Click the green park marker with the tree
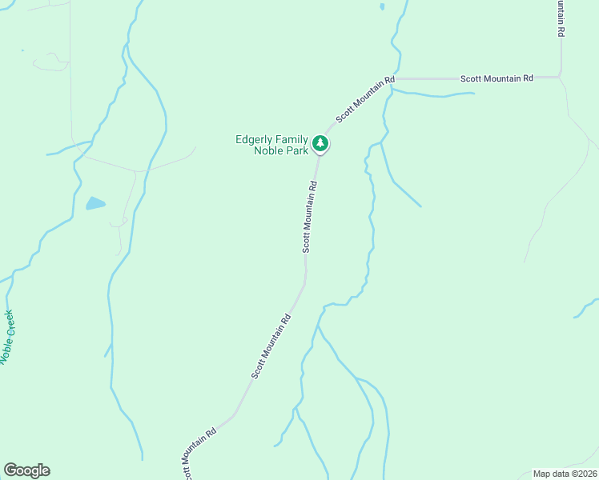[321, 143]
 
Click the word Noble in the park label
[267, 150]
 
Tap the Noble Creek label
[8, 337]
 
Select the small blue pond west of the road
[95, 203]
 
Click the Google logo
[26, 470]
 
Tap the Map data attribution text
[552, 474]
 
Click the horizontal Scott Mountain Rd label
[496, 78]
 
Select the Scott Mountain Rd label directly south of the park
[310, 217]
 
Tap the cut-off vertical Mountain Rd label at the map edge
[561, 18]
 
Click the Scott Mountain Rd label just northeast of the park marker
[365, 99]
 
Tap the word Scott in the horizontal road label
[470, 78]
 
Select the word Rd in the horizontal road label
[529, 78]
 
